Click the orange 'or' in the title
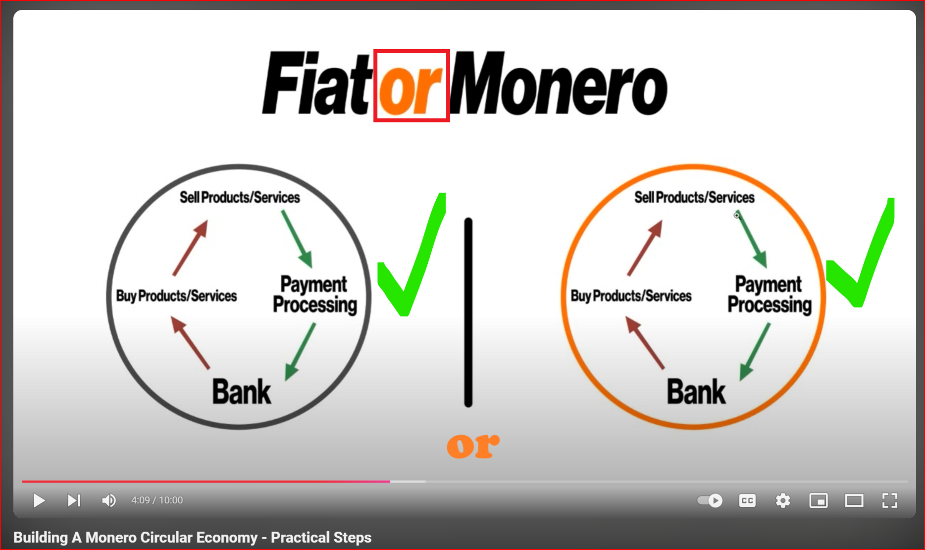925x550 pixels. [x=411, y=89]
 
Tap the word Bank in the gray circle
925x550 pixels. [x=242, y=392]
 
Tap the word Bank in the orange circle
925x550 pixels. [x=696, y=392]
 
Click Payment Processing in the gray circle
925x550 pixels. [x=315, y=295]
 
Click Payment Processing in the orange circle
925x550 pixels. [x=770, y=295]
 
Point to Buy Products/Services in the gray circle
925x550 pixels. [x=176, y=296]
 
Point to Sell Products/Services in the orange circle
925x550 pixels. [x=694, y=197]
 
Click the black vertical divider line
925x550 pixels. [x=468, y=312]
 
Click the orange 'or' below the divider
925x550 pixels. [x=473, y=445]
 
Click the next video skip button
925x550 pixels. [x=74, y=500]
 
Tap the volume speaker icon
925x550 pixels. [x=109, y=500]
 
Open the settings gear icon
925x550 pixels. [x=783, y=500]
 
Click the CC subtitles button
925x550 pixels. [x=747, y=500]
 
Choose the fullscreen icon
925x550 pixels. [x=890, y=500]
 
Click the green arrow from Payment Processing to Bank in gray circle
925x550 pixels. [x=300, y=352]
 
